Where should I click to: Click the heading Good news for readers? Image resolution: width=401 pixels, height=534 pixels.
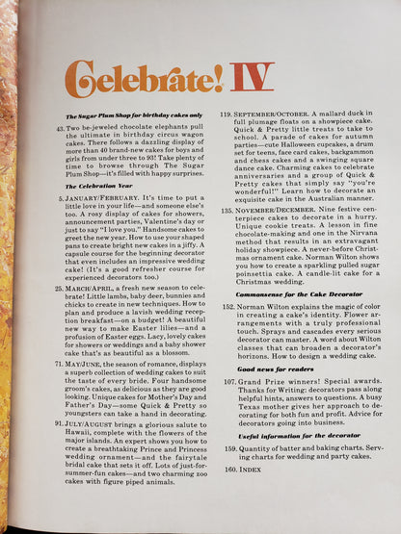pos(269,395)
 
